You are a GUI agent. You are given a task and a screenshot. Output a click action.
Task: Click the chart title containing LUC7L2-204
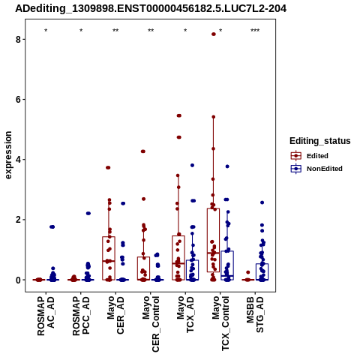click(151, 8)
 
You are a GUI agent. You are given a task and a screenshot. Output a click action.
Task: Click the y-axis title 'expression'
click(8, 155)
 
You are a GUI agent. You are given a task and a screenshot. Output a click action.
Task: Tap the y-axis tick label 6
click(18, 99)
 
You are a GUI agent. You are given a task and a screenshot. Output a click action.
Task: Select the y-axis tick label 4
click(18, 160)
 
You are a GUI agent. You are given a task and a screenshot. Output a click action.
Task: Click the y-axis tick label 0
click(18, 280)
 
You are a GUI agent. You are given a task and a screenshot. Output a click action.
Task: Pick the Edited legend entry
click(310, 156)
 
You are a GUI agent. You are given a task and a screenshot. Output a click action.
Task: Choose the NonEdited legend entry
click(316, 169)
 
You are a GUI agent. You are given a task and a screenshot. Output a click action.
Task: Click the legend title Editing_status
click(320, 141)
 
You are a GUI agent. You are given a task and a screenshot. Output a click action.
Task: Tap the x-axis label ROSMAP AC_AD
click(46, 316)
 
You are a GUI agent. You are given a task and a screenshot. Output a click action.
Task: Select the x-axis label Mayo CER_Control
click(151, 324)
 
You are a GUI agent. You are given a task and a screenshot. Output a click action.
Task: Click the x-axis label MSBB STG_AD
click(255, 314)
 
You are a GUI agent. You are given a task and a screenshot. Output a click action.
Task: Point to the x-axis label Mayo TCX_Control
click(220, 323)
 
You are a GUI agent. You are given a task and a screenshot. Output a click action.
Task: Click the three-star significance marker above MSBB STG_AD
click(255, 31)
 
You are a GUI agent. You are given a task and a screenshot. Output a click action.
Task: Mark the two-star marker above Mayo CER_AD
click(115, 31)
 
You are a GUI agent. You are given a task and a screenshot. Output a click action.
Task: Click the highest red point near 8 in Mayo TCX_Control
click(214, 34)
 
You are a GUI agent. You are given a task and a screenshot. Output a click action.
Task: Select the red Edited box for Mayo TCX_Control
click(213, 240)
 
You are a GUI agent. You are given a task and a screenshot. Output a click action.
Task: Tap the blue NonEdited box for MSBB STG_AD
click(262, 271)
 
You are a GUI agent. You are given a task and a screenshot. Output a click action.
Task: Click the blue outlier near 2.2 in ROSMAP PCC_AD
click(88, 213)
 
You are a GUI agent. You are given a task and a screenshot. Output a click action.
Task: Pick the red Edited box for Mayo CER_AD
click(109, 258)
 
